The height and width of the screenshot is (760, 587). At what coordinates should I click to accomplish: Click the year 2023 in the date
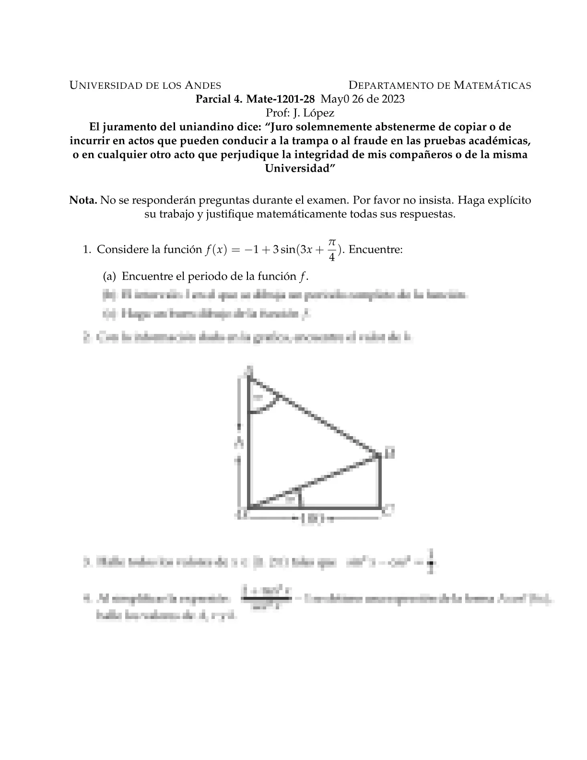point(391,99)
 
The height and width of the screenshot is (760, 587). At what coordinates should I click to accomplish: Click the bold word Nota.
point(83,200)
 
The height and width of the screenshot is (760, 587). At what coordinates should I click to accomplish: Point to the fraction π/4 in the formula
point(332,250)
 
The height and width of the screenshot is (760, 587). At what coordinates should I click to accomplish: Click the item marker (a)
point(109,276)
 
